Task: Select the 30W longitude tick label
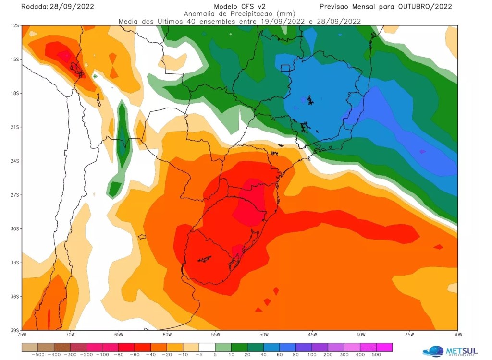(457, 335)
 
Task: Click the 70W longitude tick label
(70, 335)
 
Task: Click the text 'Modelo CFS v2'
(239, 6)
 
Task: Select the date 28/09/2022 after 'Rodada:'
(72, 6)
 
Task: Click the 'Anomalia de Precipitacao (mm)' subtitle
(239, 13)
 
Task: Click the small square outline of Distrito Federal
(286, 68)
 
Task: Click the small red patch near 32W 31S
(438, 247)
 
